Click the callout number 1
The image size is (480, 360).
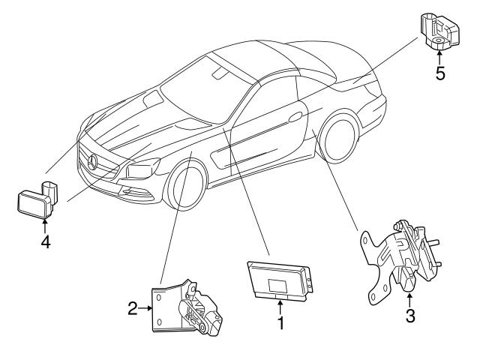(x=280, y=324)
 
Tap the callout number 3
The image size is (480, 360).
(x=409, y=315)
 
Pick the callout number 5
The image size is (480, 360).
(x=440, y=74)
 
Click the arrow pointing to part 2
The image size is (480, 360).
(x=147, y=307)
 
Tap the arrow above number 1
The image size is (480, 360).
(x=280, y=306)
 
